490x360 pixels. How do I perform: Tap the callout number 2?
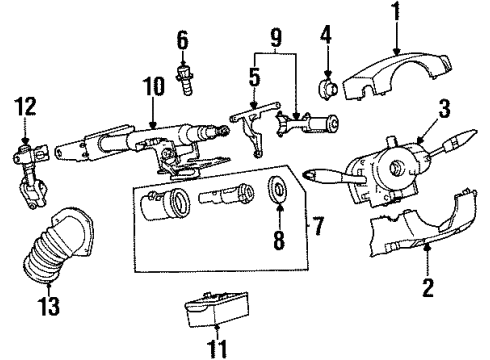[427, 291]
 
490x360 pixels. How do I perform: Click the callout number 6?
[182, 42]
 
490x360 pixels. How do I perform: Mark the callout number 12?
[26, 103]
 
